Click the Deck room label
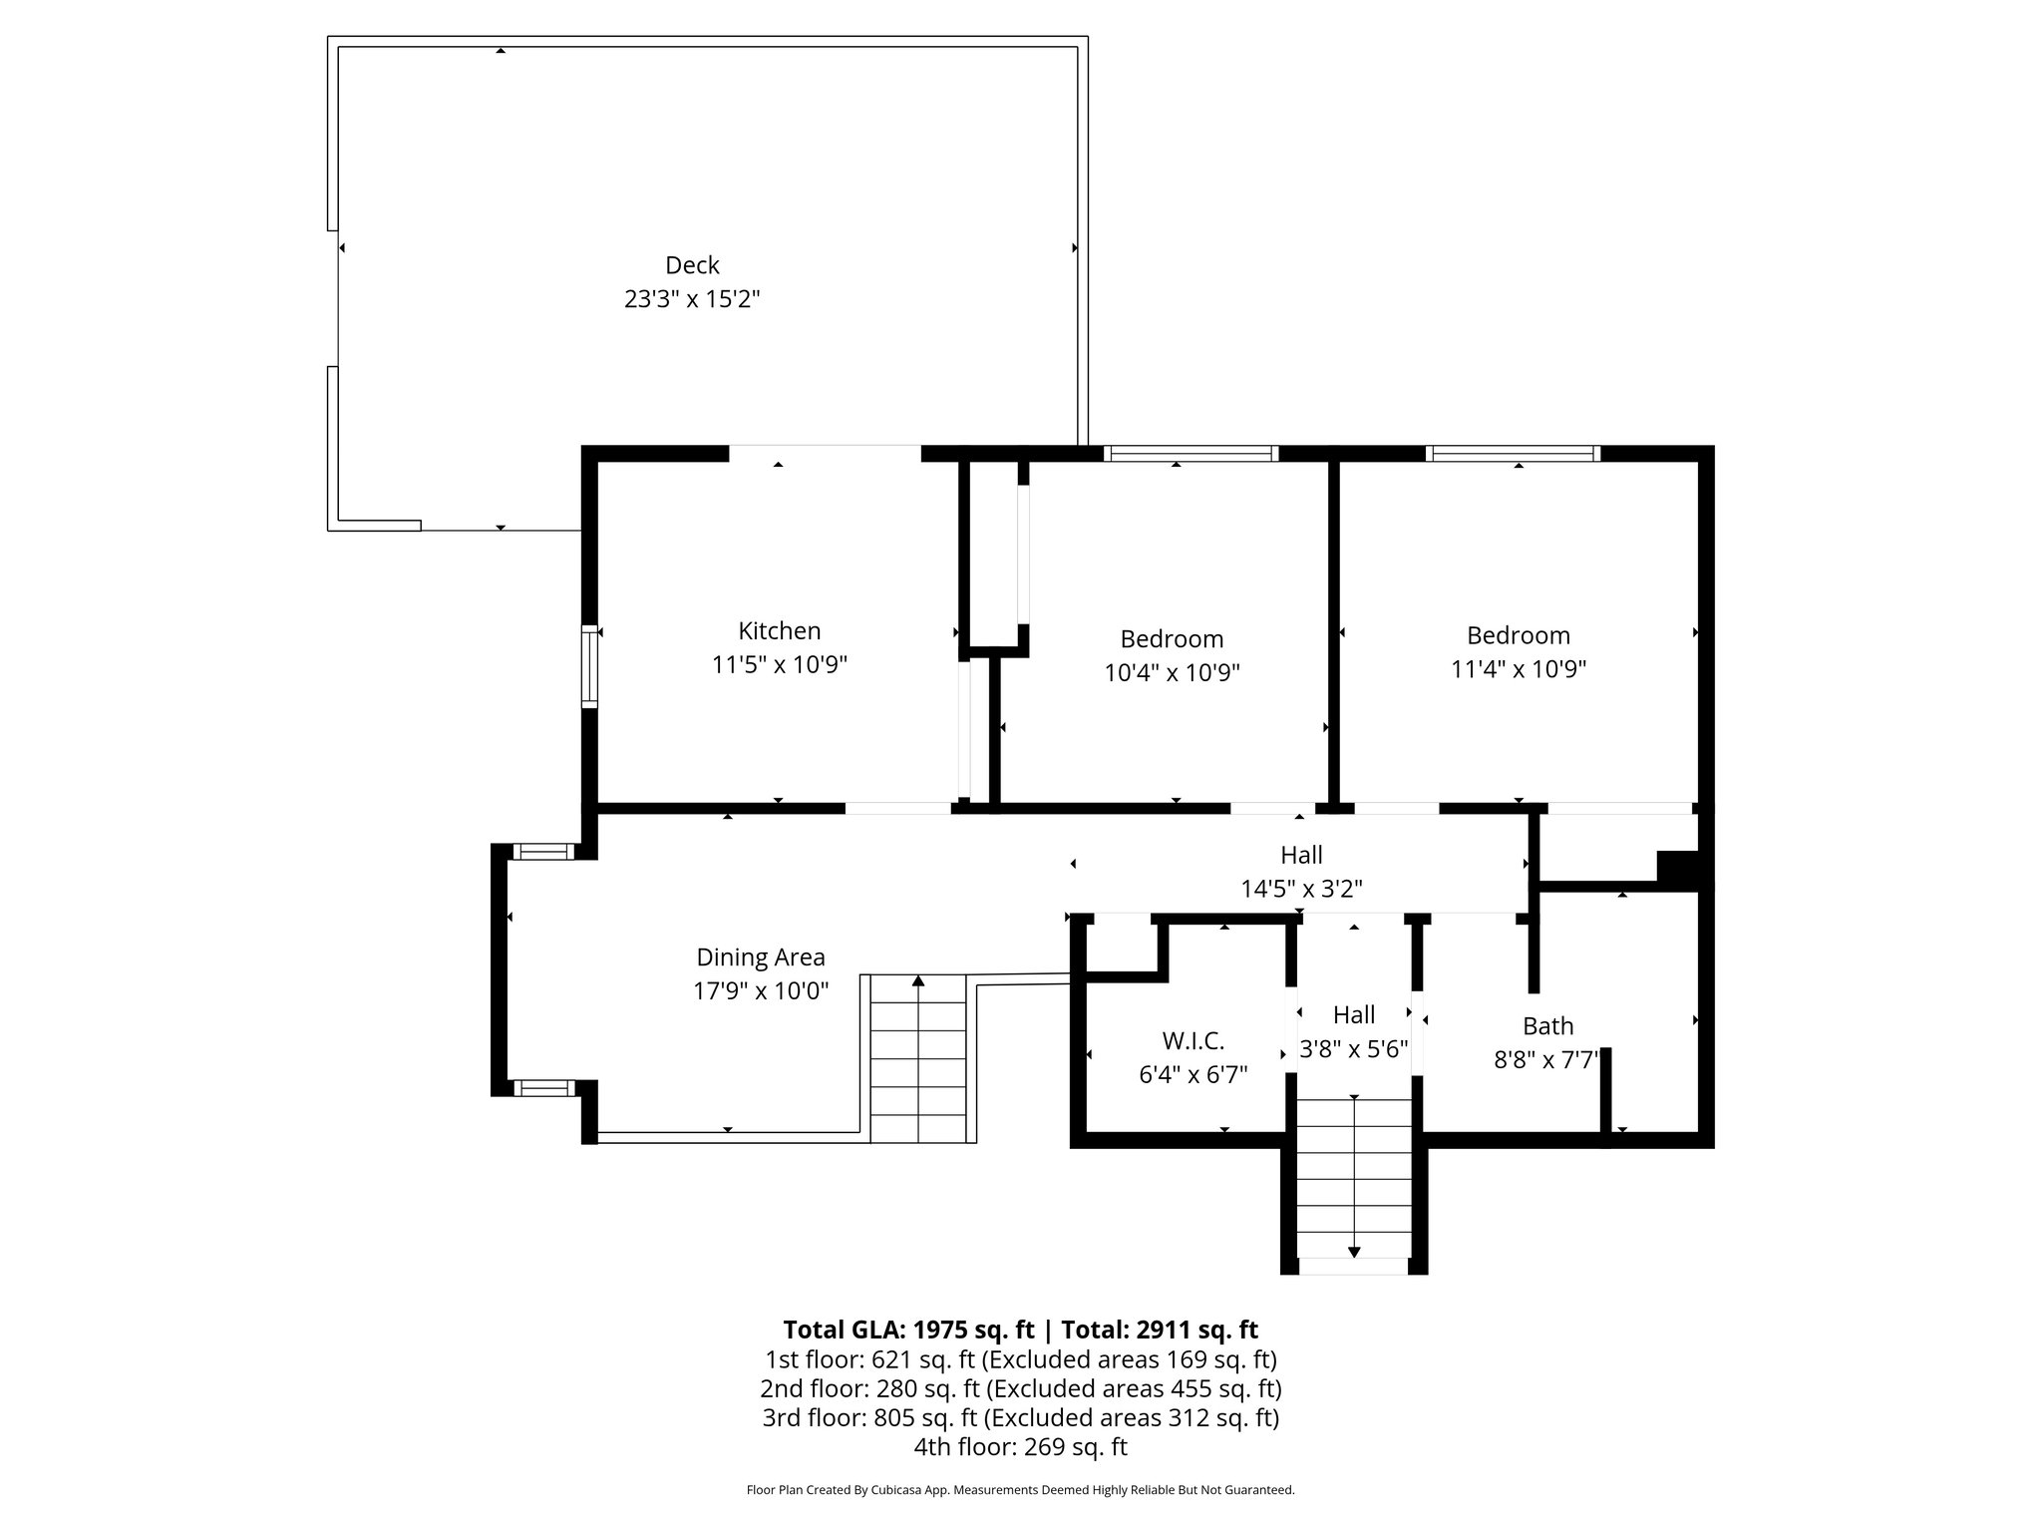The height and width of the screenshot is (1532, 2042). (x=692, y=265)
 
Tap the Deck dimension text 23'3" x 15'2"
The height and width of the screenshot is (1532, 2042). (x=692, y=299)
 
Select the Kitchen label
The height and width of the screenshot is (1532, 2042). (x=779, y=630)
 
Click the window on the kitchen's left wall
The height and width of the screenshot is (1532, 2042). (x=589, y=666)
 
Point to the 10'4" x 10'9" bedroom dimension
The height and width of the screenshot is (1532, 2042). (x=1172, y=673)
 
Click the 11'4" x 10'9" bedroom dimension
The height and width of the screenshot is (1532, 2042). (x=1518, y=669)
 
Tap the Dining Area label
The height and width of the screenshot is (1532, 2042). (x=761, y=957)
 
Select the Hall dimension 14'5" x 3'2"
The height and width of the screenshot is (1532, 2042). (x=1301, y=889)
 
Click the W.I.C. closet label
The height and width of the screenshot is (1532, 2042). (x=1192, y=1041)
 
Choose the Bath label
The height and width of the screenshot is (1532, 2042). (x=1547, y=1025)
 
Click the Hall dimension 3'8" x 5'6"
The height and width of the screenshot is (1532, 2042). (x=1353, y=1049)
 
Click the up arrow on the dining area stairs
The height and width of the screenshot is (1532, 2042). (x=918, y=982)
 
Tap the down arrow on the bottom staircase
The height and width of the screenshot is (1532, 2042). (x=1354, y=1251)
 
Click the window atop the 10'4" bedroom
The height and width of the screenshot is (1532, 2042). (x=1191, y=454)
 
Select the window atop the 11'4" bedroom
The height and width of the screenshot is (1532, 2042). (x=1513, y=454)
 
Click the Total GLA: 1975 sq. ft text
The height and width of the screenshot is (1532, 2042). (x=911, y=1330)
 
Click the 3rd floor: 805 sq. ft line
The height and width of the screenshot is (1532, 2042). (x=1020, y=1417)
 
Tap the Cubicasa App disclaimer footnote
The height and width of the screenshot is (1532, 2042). (x=1020, y=1490)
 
